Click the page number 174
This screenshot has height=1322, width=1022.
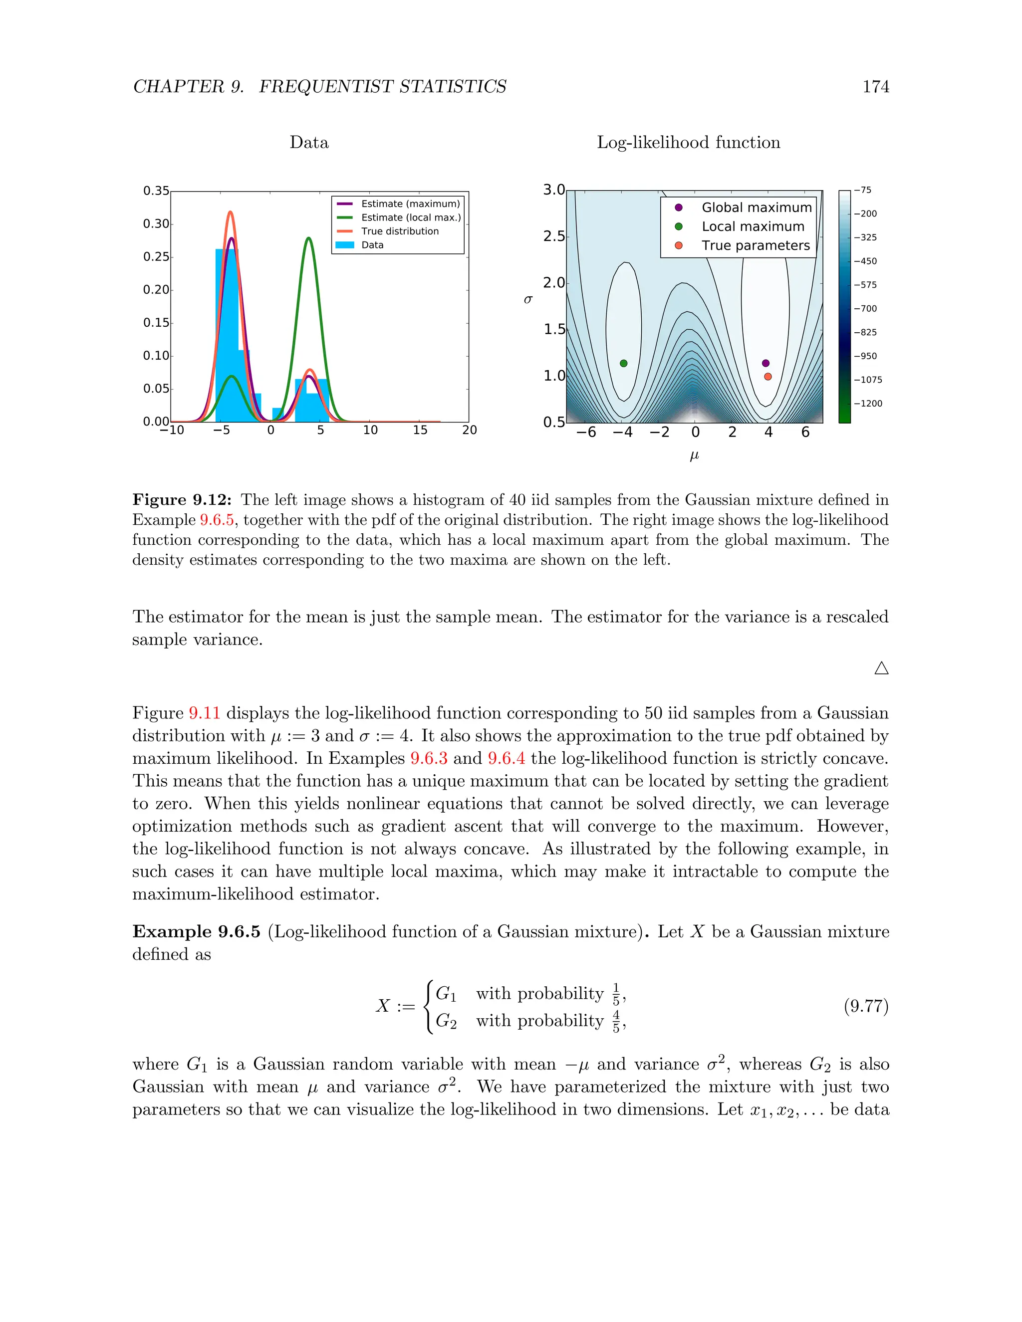click(875, 87)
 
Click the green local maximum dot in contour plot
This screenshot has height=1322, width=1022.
click(624, 363)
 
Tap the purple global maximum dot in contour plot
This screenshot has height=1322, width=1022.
click(766, 363)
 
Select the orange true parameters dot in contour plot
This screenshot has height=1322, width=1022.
click(767, 377)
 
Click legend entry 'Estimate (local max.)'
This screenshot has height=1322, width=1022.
click(411, 218)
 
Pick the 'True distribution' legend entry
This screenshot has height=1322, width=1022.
click(400, 231)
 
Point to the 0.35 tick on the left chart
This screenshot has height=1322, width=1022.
click(156, 191)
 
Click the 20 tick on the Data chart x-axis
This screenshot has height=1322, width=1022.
click(469, 431)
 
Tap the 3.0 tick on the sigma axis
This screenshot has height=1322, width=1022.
click(553, 190)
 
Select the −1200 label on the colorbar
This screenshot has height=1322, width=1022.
click(868, 404)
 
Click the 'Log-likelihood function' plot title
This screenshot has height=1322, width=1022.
click(688, 142)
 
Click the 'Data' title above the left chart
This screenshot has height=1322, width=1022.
click(309, 142)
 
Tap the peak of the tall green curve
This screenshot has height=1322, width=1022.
click(309, 238)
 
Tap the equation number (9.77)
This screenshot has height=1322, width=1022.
click(866, 1006)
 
